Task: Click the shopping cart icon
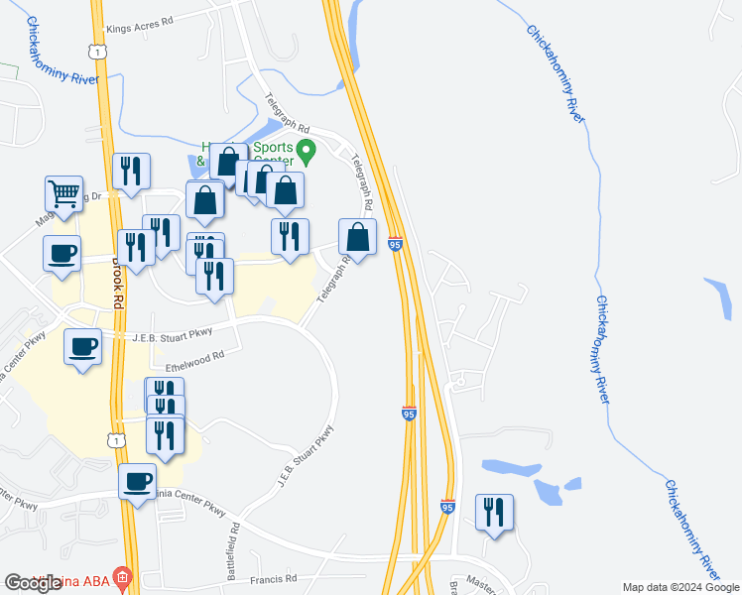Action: point(63,195)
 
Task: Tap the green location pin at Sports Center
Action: point(308,152)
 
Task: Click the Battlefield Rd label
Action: point(233,552)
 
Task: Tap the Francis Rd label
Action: point(274,578)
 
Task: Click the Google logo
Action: point(33,583)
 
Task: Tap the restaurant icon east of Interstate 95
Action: point(494,512)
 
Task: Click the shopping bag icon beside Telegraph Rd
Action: point(358,237)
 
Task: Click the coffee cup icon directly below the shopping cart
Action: point(62,253)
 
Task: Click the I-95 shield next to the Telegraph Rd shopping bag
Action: point(395,244)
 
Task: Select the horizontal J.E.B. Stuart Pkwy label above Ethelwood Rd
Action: point(173,336)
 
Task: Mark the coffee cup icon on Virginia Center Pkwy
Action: point(137,483)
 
